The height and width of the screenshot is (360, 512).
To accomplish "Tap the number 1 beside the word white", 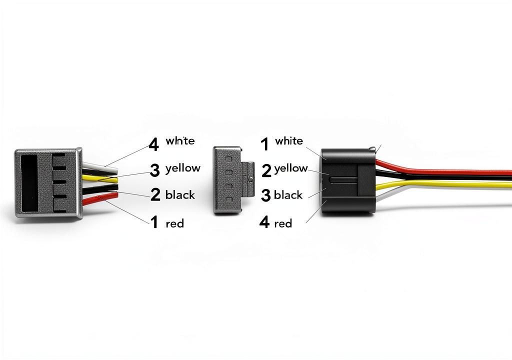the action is coord(265,143).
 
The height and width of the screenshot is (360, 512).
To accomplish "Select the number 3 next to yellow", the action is coord(155,170).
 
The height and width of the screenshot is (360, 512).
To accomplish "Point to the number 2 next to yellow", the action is coord(266,170).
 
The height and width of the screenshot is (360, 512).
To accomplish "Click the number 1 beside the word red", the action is coord(154,222).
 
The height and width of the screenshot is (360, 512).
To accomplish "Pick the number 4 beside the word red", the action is coord(264,222).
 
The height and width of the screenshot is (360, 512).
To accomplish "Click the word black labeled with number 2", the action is coord(180,195).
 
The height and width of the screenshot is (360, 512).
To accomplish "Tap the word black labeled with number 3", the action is coord(288,195).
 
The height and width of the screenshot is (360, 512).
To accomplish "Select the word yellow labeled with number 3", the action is coord(183,168).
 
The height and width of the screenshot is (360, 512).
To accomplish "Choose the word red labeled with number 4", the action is coord(283,224).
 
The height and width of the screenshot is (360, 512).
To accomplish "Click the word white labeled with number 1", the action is coord(289,141).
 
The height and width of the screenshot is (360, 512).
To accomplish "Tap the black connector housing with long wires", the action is coord(348,181).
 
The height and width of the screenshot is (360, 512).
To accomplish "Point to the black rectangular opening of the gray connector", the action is coord(28,182).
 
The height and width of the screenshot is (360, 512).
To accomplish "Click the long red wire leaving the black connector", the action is coord(443,170).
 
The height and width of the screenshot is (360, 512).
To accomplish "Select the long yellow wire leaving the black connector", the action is coord(443,185).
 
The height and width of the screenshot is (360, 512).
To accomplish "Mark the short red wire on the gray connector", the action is coord(100,199).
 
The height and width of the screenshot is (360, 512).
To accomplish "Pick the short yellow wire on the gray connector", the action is coord(99,178).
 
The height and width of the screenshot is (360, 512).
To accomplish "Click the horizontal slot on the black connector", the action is coord(343,179).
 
